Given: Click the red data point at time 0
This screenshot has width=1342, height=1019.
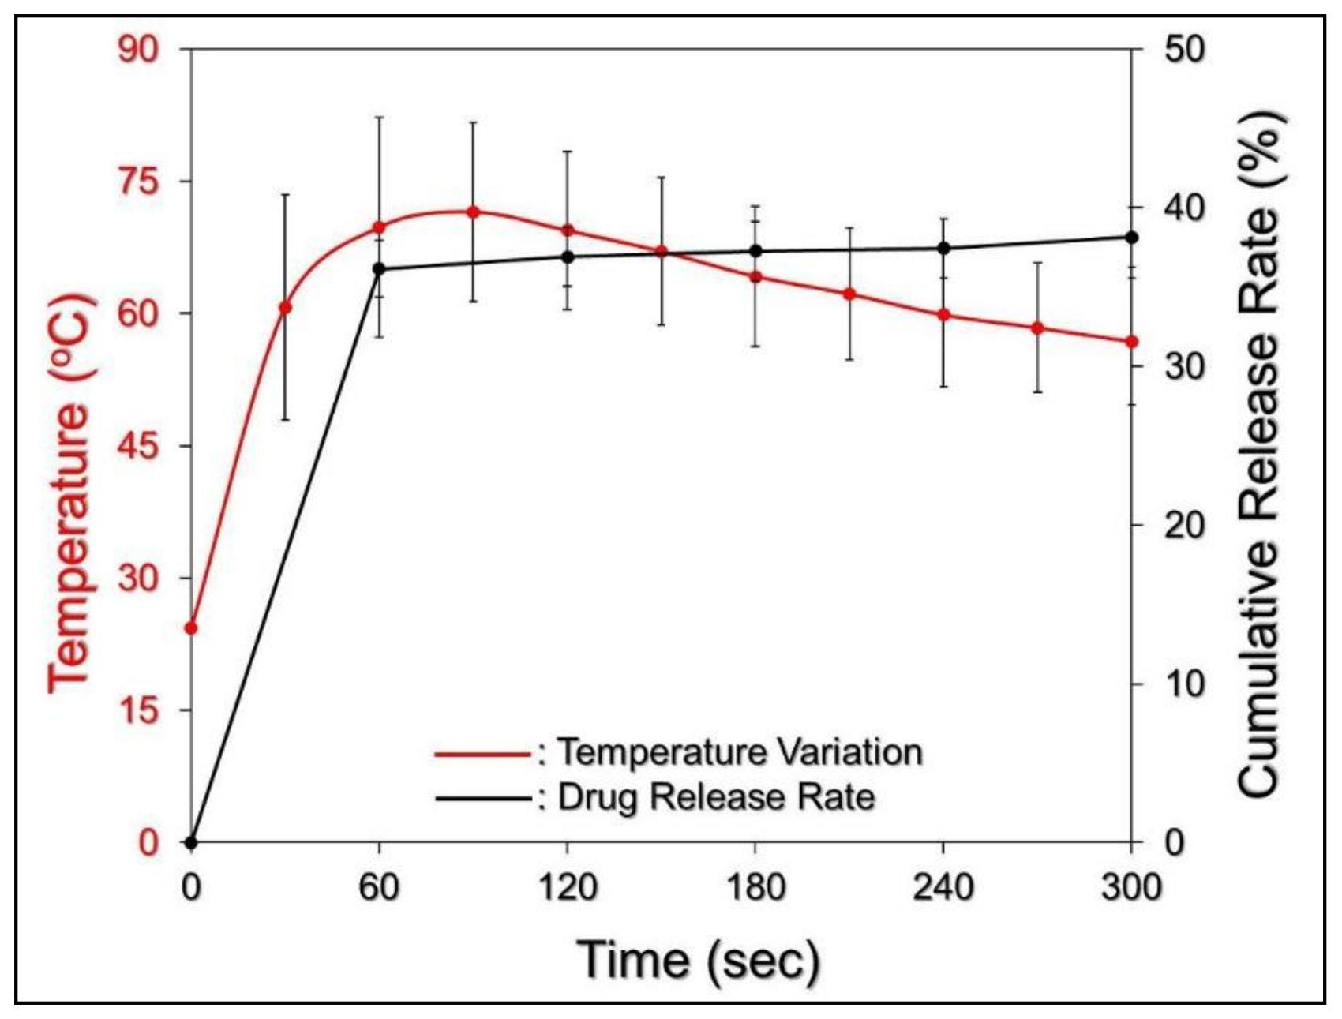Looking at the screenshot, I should coord(190,628).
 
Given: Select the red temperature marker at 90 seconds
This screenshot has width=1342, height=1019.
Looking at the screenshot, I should coord(473,212).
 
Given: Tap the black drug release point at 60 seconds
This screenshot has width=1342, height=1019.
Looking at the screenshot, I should coord(379,268).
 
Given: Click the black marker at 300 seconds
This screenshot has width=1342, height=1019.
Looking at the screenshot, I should coord(1131,237).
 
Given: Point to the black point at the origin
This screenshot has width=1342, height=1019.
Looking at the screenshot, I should coord(190,842).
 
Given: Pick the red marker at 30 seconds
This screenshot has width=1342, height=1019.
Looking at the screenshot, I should coord(285,307).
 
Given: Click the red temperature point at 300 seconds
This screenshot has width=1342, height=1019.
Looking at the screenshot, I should coord(1131,342).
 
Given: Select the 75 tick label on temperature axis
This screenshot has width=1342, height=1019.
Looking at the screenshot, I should coord(139,182).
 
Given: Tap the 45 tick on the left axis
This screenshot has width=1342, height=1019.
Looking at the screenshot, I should coord(139,446).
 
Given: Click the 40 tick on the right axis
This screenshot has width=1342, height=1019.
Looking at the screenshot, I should coord(1185,208).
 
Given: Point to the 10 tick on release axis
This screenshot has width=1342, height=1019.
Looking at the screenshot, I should coord(1185,683).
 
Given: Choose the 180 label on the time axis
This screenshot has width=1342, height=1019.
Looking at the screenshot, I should coord(755,888).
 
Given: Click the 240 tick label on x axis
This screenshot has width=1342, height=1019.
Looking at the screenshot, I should coord(943,888).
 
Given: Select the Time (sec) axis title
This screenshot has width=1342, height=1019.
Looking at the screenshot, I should coord(699,960).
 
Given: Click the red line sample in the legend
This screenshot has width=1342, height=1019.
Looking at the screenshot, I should coord(482,754).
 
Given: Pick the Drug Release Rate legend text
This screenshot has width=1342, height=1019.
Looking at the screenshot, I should coord(716,797).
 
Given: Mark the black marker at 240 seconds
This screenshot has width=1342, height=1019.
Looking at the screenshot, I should coord(943,248).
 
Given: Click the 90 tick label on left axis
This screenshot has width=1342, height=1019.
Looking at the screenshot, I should coord(139,50).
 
